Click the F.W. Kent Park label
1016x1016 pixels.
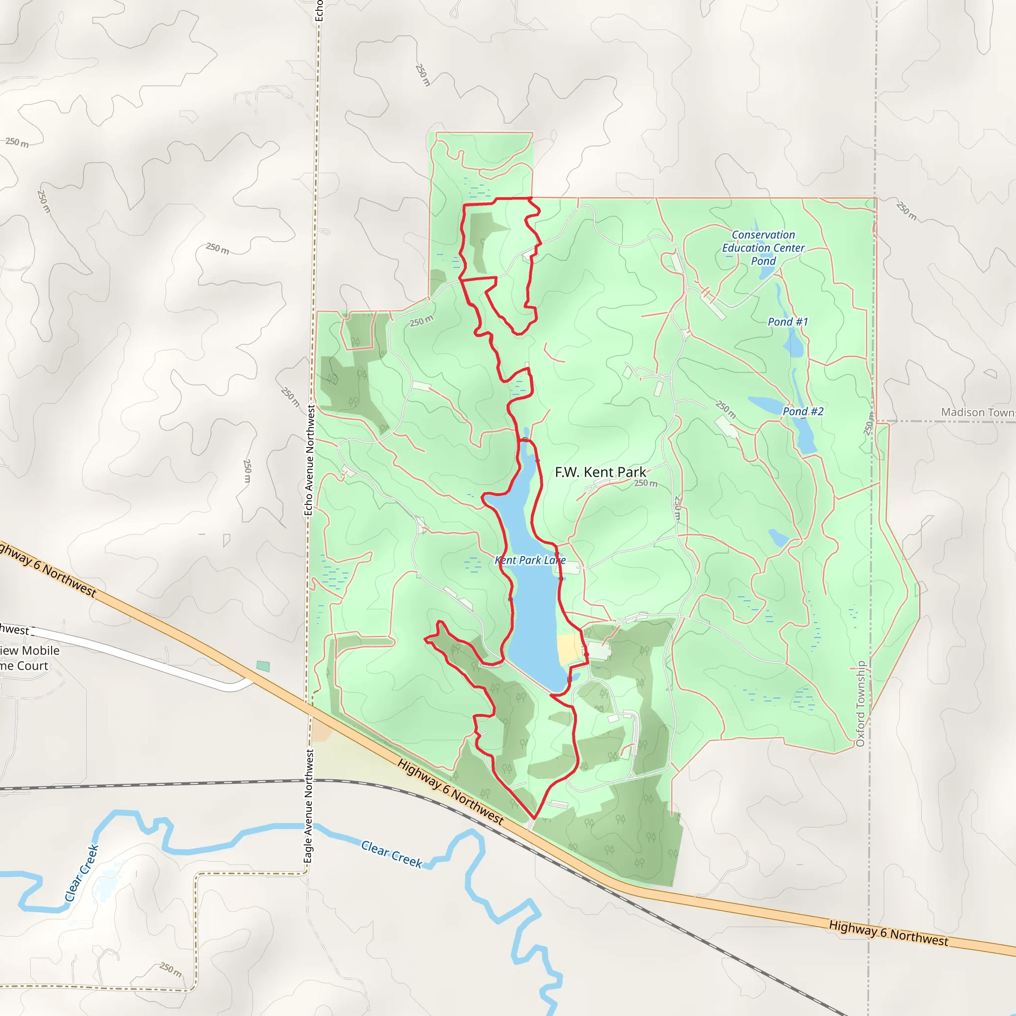pyautogui.click(x=600, y=472)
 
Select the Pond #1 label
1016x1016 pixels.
pyautogui.click(x=787, y=322)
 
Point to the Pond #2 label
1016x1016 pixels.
pyautogui.click(x=803, y=411)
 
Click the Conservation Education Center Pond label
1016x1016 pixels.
pyautogui.click(x=763, y=248)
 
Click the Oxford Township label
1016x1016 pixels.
pyautogui.click(x=860, y=703)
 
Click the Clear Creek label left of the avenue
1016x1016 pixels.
pyautogui.click(x=81, y=873)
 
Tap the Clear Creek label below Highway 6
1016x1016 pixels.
pyautogui.click(x=391, y=853)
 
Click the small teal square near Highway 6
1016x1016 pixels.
pyautogui.click(x=263, y=666)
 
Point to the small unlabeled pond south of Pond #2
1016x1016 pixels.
pyautogui.click(x=778, y=537)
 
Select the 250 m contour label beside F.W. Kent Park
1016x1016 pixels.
pyautogui.click(x=645, y=483)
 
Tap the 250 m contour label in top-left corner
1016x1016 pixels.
pyautogui.click(x=17, y=142)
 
